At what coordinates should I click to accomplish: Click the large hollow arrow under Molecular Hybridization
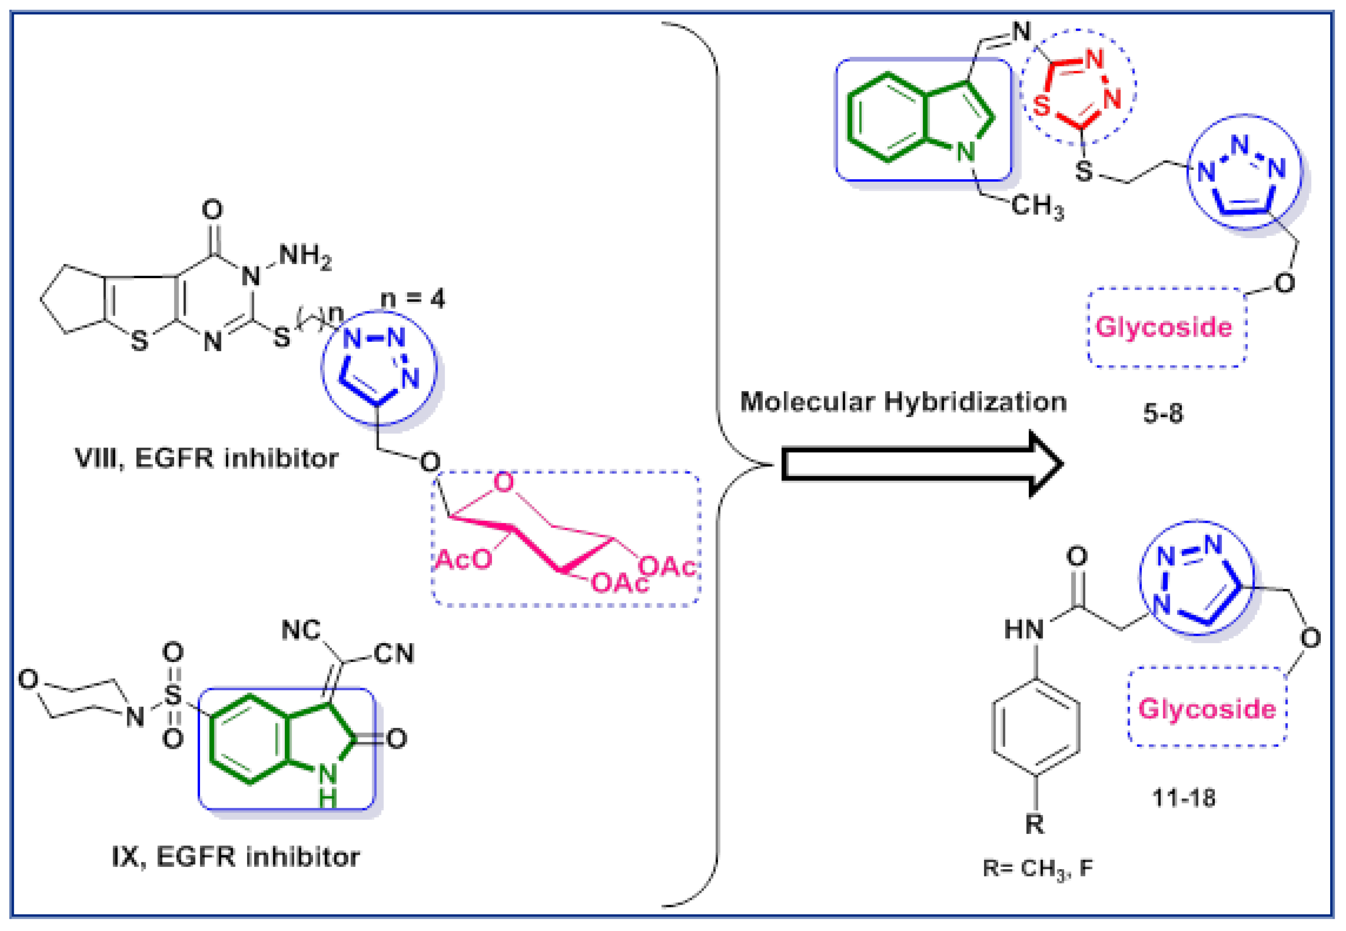(x=921, y=464)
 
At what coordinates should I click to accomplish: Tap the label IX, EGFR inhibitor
(x=235, y=857)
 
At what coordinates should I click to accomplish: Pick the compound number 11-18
(x=1184, y=797)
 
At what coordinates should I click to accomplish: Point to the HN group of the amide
(x=1024, y=629)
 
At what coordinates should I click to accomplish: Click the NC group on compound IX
(x=301, y=630)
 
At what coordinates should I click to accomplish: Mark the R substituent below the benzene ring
(x=1035, y=824)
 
